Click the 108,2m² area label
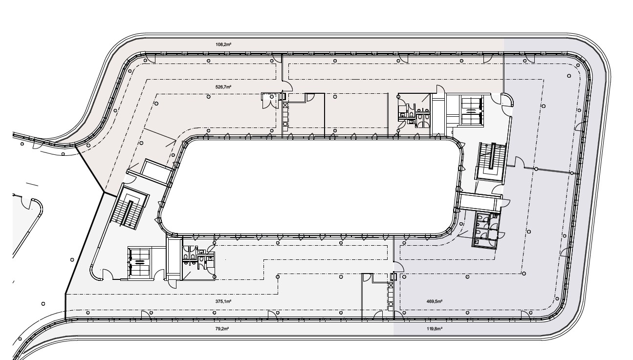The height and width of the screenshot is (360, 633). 223,44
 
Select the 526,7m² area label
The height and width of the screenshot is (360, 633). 223,87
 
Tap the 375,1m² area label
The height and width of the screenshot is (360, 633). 223,302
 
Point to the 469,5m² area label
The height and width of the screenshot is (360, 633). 435,302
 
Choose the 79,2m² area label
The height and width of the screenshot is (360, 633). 222,329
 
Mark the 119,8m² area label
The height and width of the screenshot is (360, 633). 435,329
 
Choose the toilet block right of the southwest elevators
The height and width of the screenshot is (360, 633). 196,259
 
